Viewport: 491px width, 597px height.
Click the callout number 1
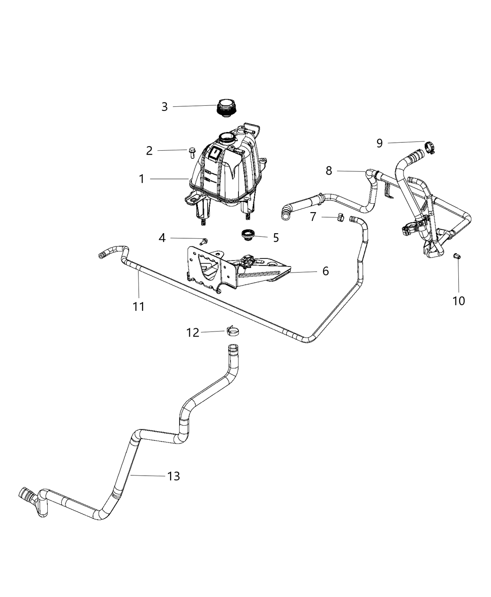(x=141, y=179)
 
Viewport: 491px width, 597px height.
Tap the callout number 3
(x=164, y=107)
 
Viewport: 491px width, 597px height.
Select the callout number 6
(x=325, y=271)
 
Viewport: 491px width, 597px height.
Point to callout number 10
(x=459, y=300)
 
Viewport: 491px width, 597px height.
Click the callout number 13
(x=173, y=476)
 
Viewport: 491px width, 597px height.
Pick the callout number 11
(x=138, y=307)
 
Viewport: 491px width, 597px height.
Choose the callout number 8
(x=329, y=171)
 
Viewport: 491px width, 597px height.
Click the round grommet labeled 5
(x=246, y=234)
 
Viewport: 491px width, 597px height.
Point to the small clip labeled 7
(x=340, y=217)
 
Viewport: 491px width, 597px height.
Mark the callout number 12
(x=193, y=332)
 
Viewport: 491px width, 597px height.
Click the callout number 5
(x=276, y=238)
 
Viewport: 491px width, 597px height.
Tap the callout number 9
(x=379, y=143)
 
